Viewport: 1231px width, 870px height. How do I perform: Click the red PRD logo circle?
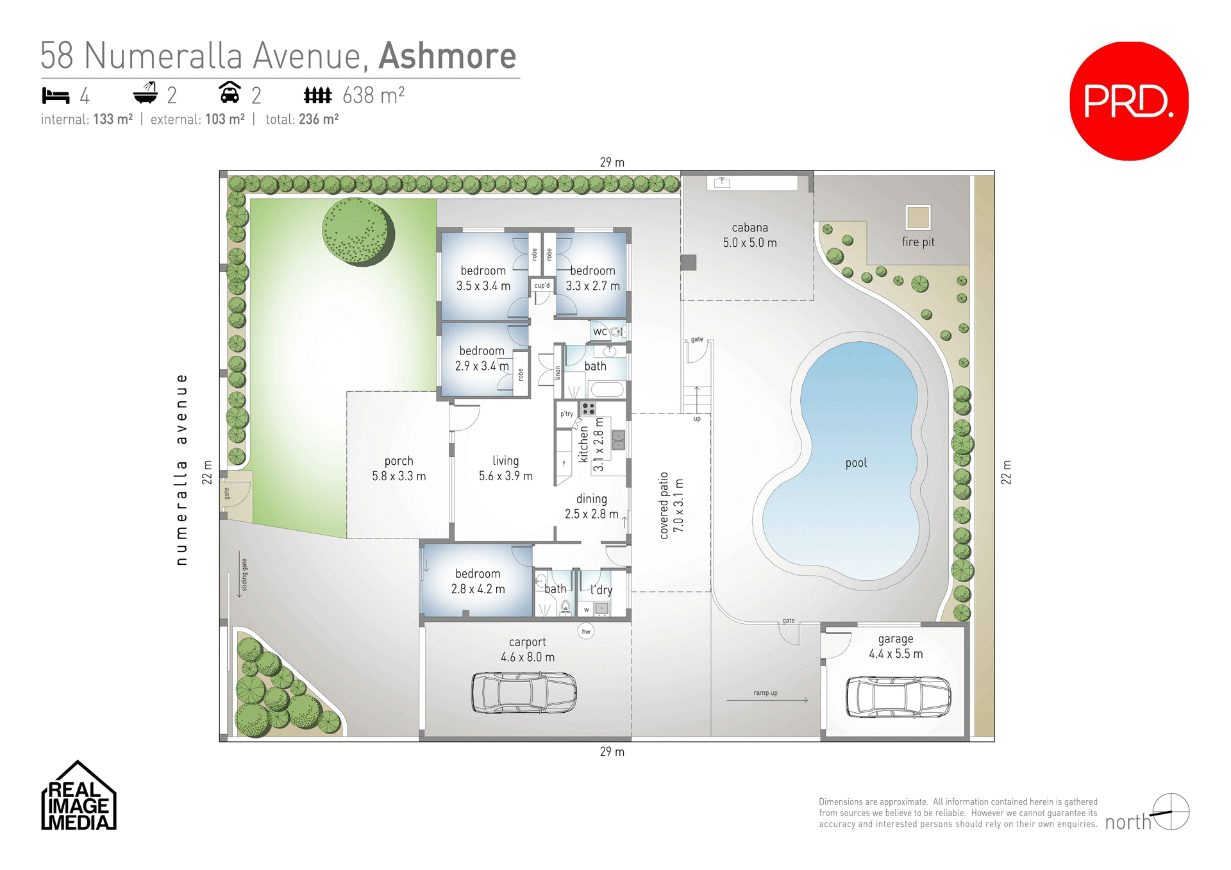(1128, 101)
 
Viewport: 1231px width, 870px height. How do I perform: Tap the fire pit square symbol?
(917, 217)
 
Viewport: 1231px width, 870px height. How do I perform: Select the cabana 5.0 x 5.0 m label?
(749, 235)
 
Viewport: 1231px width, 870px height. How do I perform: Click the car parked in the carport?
(524, 692)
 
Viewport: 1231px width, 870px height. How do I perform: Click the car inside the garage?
(898, 697)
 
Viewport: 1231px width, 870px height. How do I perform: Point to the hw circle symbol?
(586, 632)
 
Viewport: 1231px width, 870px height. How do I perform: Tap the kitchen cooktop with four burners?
(588, 408)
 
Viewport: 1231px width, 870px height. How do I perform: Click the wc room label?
(600, 331)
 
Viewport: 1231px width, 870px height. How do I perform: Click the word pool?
(856, 463)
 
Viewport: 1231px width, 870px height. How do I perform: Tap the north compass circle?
(1171, 812)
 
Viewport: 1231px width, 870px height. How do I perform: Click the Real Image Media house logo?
(78, 796)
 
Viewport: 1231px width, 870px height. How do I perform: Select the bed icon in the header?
(56, 96)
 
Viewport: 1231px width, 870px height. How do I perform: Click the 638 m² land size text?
(373, 96)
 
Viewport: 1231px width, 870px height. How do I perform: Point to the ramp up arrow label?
(766, 693)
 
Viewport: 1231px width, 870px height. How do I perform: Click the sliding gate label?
(244, 574)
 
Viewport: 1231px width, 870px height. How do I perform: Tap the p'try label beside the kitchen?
(567, 414)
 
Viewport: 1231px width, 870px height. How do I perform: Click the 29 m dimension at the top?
(612, 162)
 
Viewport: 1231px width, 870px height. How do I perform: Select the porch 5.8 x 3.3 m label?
(399, 469)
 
